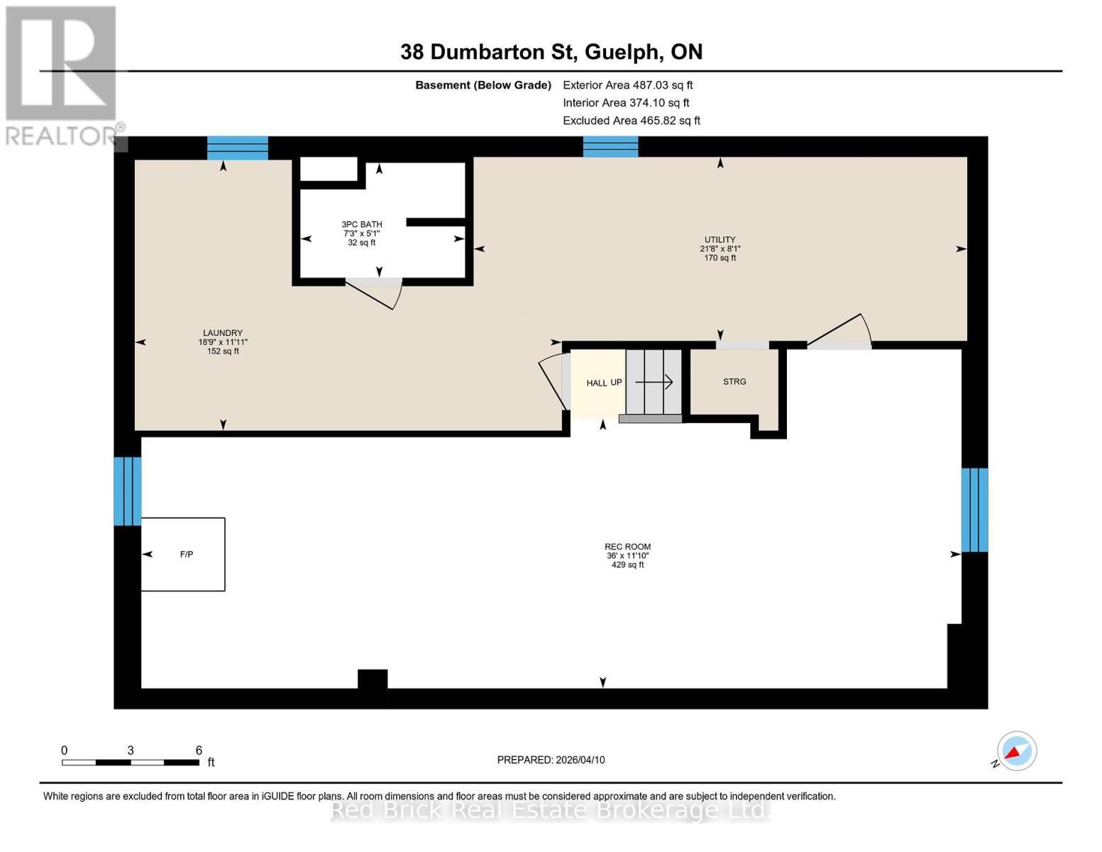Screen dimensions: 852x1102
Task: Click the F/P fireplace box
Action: [184, 555]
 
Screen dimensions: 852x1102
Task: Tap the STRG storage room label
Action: [734, 382]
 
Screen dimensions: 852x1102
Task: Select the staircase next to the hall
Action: [654, 383]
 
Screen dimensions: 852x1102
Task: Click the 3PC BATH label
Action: [362, 224]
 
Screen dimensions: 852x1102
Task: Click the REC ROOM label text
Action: [627, 547]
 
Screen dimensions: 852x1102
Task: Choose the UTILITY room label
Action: [720, 240]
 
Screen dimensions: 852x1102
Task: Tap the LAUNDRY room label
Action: [223, 333]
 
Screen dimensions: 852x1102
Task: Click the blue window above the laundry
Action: [238, 148]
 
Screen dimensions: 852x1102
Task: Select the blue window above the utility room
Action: [610, 147]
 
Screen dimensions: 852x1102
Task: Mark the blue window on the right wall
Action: [974, 510]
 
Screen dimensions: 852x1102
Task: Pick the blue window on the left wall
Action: [128, 491]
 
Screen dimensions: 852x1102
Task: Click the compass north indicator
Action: [1016, 751]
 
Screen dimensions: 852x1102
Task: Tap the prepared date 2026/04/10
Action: [551, 760]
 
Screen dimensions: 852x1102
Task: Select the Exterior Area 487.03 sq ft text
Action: [627, 85]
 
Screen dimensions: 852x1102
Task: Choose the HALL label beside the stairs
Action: [596, 383]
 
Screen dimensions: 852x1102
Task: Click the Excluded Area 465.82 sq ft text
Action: [632, 121]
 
